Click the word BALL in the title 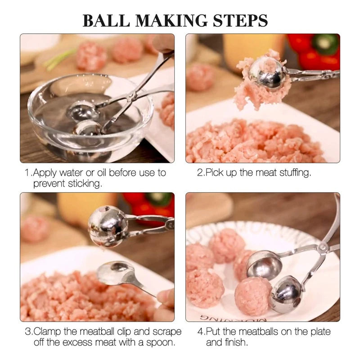point(105,20)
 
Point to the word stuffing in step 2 point(292,173)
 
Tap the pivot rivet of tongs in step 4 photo point(323,247)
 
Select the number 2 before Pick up point(200,173)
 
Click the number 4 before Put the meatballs point(200,332)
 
